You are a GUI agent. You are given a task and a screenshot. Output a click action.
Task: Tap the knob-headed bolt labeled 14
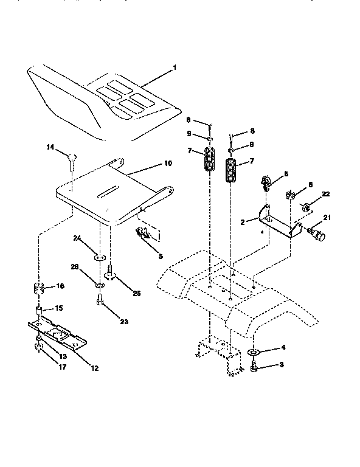click(71, 158)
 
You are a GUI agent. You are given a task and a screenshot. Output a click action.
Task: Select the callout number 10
click(168, 164)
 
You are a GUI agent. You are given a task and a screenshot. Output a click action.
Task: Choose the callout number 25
click(137, 293)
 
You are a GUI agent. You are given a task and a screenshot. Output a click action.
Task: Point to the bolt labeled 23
click(100, 300)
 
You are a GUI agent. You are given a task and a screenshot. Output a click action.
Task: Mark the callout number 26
click(75, 266)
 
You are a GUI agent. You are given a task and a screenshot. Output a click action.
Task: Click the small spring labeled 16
click(39, 288)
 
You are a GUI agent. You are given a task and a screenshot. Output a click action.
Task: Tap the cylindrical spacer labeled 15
click(38, 312)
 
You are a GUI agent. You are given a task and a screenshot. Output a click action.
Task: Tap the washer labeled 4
click(254, 352)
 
